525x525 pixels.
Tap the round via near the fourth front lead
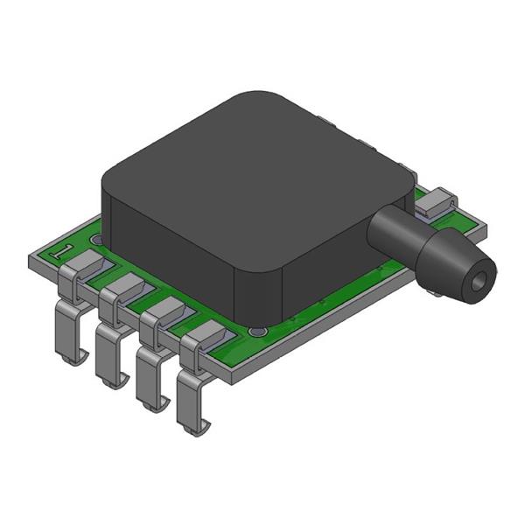tap(255, 332)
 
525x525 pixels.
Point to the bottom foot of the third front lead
tap(150, 403)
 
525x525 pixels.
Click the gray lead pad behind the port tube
tap(434, 204)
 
